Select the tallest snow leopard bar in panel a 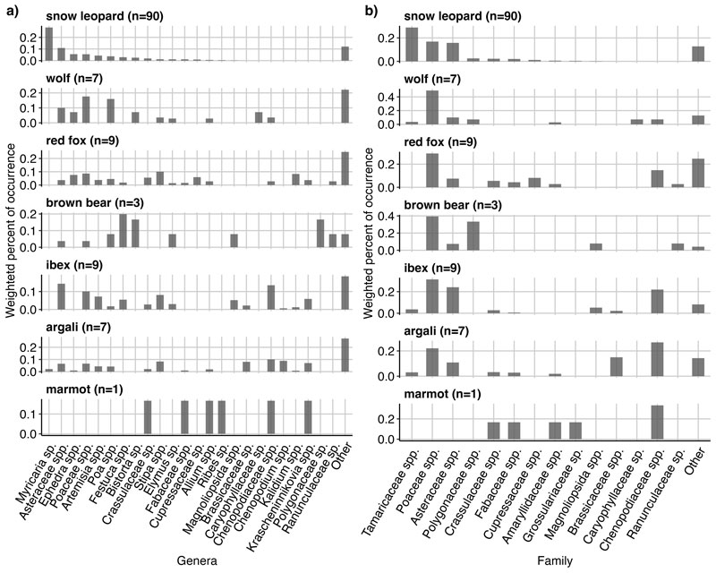[x=49, y=44]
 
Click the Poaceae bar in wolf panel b [x=432, y=107]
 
